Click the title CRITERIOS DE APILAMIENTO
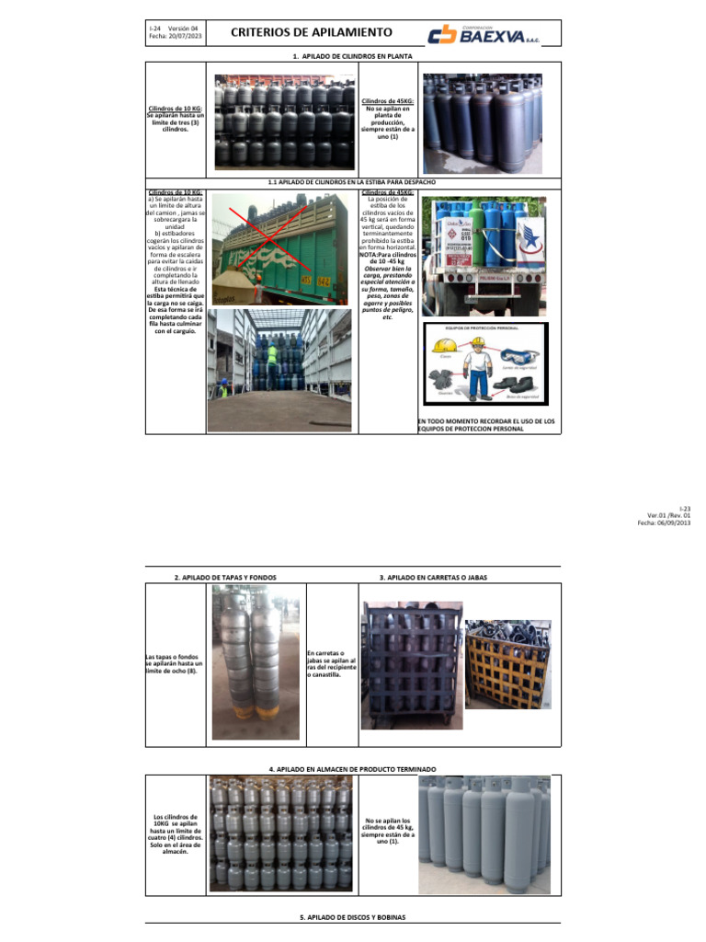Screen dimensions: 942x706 pos(311,32)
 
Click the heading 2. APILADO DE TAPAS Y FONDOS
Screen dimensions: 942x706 pos(224,577)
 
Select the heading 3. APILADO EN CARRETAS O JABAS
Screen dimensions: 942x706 pos(432,577)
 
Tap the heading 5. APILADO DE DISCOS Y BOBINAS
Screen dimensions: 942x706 pos(352,917)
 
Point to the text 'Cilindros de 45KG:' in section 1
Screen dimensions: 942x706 pos(387,100)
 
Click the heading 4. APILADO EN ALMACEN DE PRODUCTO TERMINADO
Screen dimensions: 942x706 pos(352,768)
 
